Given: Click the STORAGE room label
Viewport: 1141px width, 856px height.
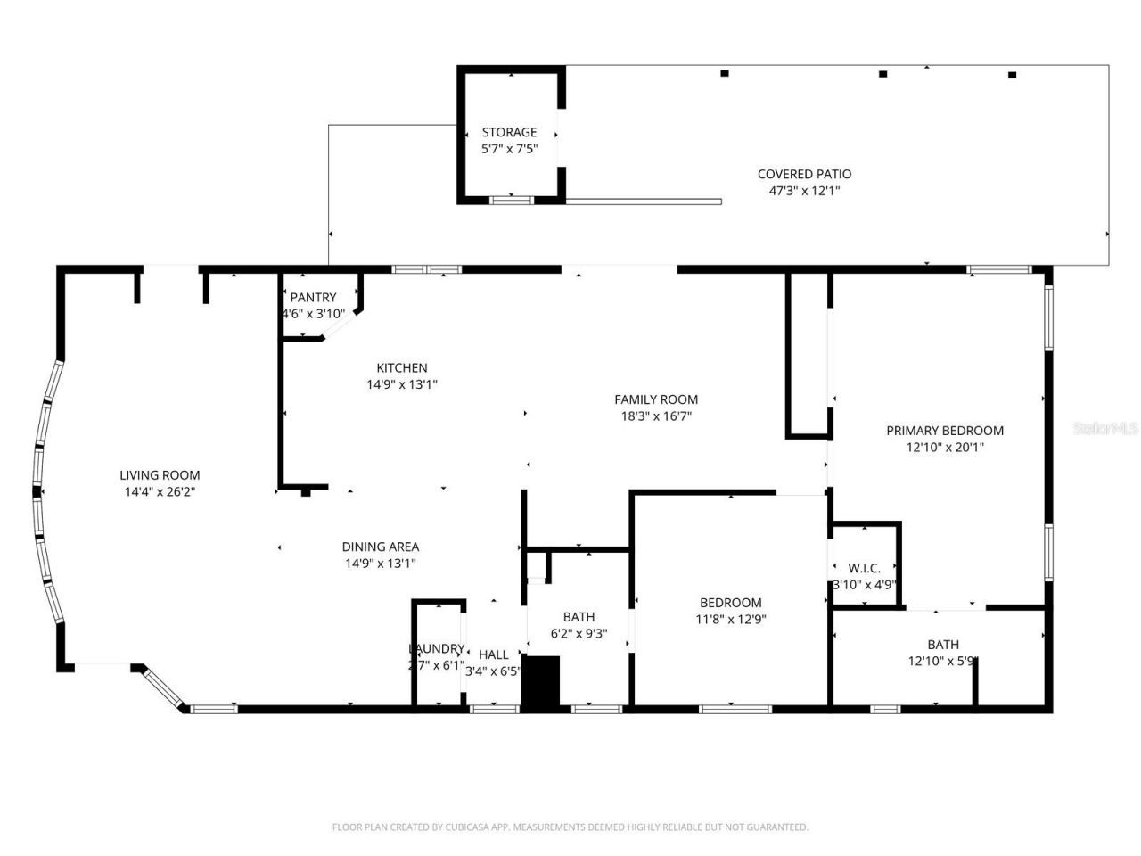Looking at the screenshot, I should (509, 132).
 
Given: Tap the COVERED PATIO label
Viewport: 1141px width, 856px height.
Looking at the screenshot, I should (804, 174).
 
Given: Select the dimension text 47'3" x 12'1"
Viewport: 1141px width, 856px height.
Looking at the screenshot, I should (804, 190).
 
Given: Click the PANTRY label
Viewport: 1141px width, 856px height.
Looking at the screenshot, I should (313, 297).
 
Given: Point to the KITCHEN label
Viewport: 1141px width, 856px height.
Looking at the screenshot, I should (401, 367).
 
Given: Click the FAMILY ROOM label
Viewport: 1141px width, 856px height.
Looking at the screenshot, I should (656, 399).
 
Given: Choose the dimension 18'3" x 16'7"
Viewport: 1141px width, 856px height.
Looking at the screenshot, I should (656, 416).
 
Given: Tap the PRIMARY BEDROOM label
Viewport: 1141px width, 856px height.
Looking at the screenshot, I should (945, 431).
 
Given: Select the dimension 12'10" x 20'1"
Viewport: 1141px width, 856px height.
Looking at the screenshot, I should (945, 447).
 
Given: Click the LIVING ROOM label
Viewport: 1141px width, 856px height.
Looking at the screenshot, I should (160, 475).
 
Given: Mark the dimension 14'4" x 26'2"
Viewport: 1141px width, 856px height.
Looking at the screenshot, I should (160, 491).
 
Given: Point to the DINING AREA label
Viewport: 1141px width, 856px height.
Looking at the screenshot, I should (381, 547).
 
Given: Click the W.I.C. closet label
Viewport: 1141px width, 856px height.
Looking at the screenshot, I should (864, 568).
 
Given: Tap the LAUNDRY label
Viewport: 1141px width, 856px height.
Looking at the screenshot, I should (437, 648).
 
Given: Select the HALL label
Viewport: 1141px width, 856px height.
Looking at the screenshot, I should (493, 654).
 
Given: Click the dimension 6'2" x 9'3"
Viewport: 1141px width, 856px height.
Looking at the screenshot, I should (579, 633).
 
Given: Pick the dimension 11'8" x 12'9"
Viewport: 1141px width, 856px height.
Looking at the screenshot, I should (731, 619).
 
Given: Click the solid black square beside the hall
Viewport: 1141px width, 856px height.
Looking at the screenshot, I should (540, 683).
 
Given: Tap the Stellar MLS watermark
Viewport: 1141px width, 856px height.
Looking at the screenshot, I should (1105, 428).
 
